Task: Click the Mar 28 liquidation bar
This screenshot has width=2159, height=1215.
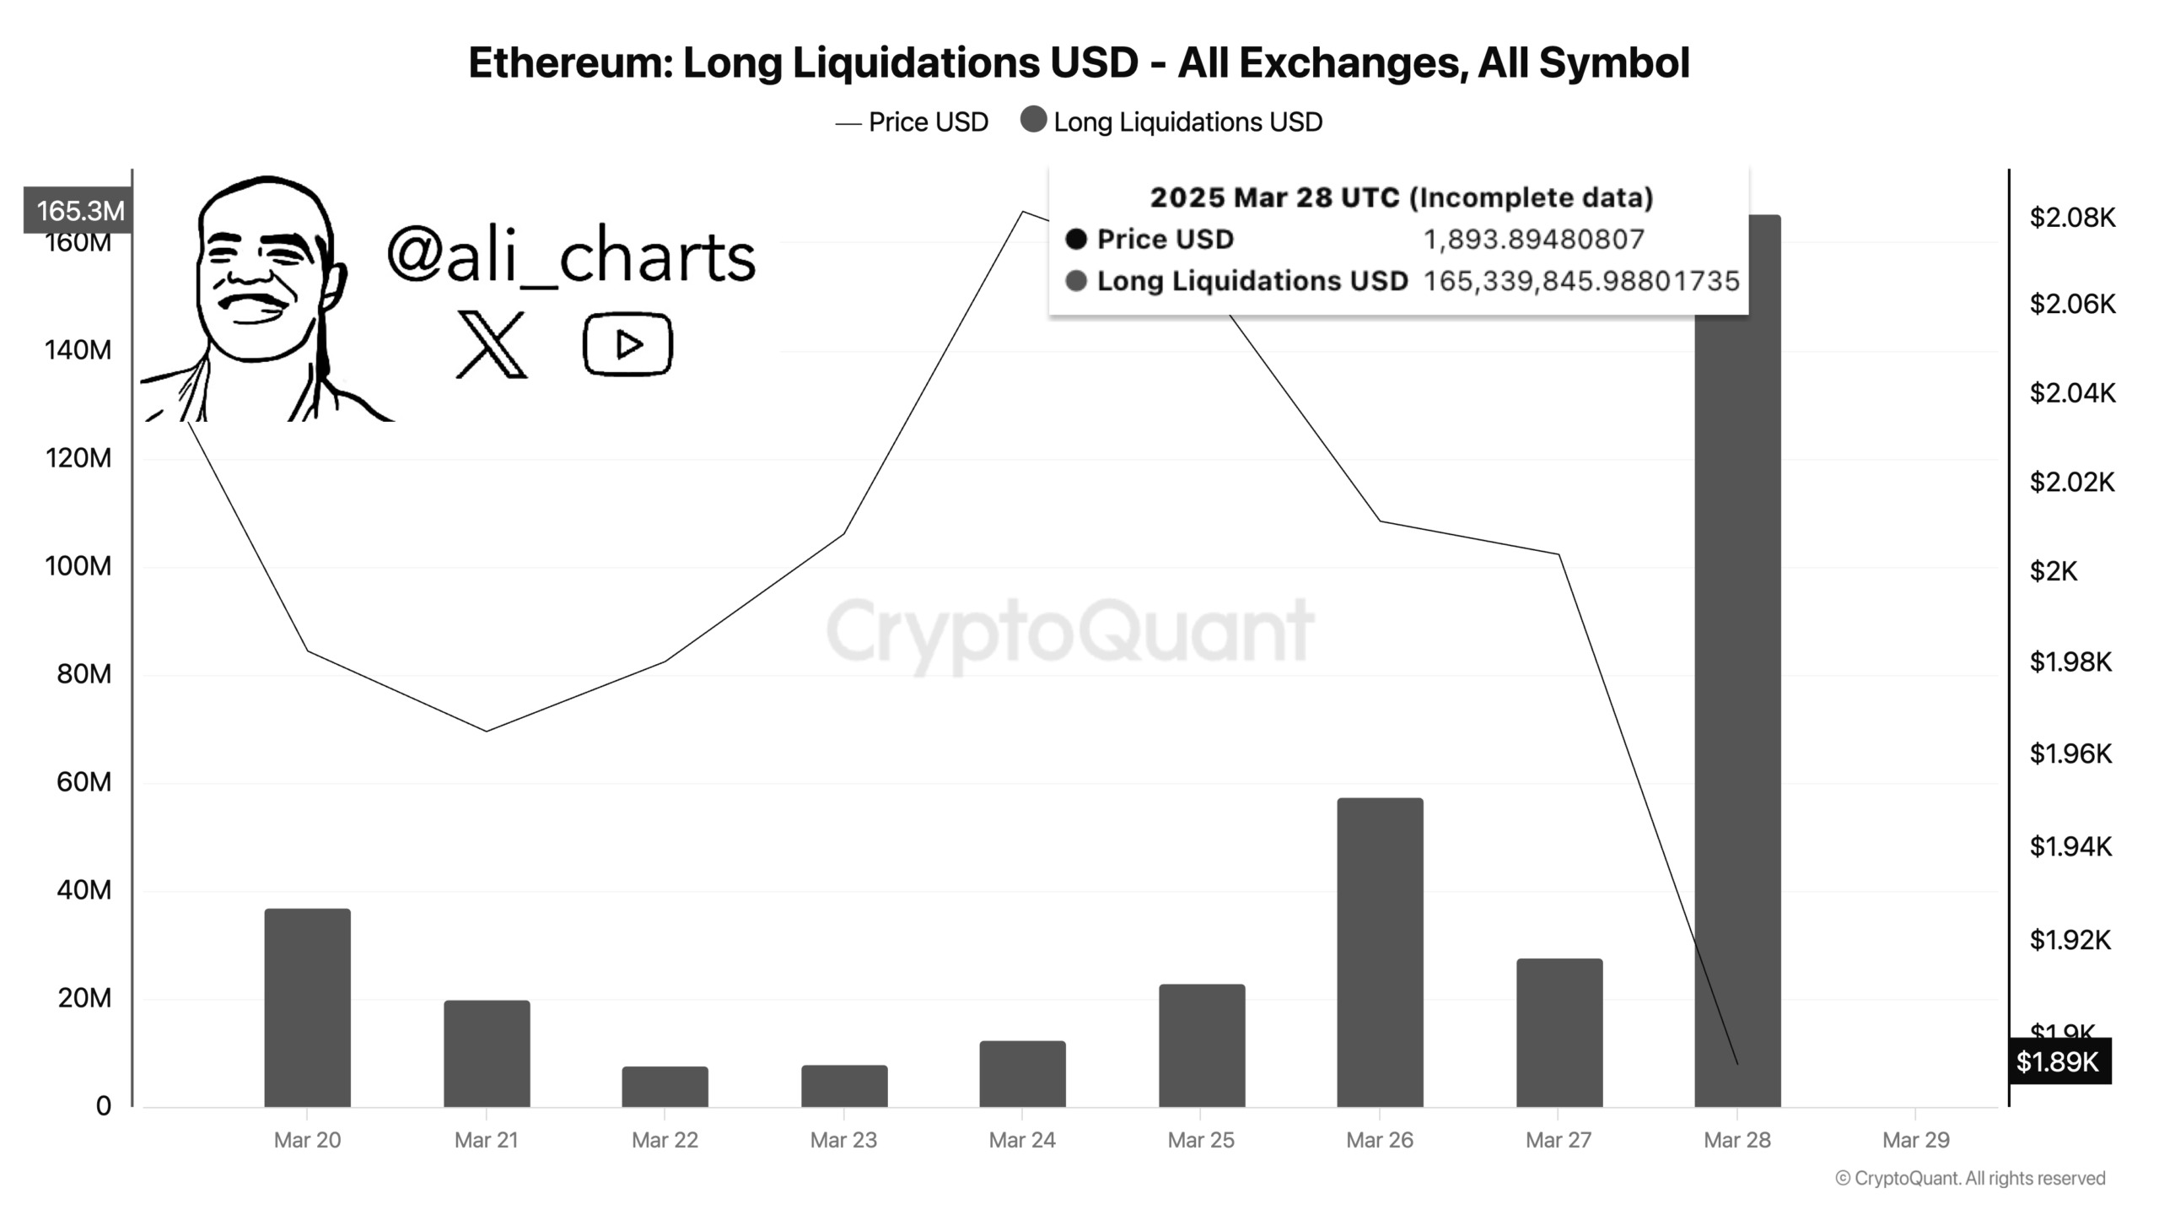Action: (1737, 675)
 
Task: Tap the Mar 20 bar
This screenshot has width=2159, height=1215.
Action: (307, 1007)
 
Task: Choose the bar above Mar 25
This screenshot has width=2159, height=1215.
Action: (1201, 1045)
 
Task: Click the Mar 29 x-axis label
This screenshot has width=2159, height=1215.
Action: (1916, 1140)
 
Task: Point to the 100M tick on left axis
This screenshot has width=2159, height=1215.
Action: (78, 566)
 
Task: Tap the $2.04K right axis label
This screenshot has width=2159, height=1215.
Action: (2072, 393)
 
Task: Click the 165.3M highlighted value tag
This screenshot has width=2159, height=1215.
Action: (79, 210)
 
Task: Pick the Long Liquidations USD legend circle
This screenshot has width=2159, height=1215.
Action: (1033, 120)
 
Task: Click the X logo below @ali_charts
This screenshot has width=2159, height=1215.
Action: (491, 344)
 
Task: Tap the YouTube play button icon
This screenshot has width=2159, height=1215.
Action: (627, 344)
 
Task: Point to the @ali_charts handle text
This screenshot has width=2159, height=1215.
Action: (571, 256)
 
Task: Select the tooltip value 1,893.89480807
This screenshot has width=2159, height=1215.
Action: (1533, 240)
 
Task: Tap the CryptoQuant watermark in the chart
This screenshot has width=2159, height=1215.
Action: (1069, 631)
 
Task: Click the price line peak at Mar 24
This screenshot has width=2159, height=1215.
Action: (1023, 212)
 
